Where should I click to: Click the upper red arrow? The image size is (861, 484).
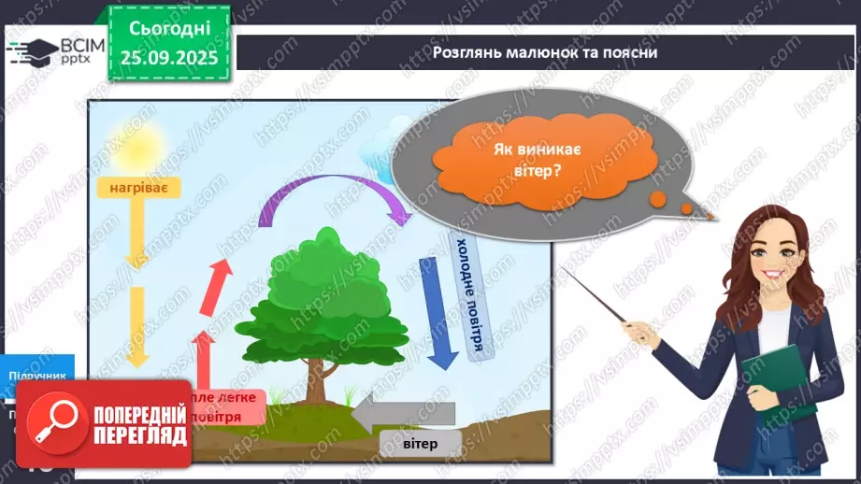tap(221, 279)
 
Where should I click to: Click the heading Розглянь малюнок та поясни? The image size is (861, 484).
tap(545, 52)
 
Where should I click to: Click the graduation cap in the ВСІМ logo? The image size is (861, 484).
tap(32, 50)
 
